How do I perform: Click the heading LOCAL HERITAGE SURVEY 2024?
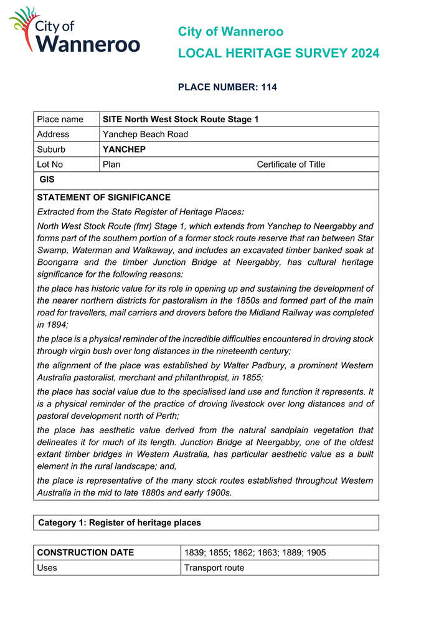(278, 54)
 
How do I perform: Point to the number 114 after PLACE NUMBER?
(268, 87)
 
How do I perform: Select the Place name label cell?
(60, 119)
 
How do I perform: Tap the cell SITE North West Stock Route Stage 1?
(180, 119)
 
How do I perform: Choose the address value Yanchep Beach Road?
(145, 134)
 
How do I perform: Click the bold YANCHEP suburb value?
(124, 150)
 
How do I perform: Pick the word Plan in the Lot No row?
(111, 165)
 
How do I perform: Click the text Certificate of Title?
(291, 165)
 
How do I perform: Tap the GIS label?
(47, 180)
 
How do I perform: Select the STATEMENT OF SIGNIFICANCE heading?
(104, 198)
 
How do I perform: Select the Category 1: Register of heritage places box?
(205, 522)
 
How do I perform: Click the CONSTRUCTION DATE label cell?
(86, 552)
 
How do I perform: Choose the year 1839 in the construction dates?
(194, 552)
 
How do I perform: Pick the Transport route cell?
(214, 567)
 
